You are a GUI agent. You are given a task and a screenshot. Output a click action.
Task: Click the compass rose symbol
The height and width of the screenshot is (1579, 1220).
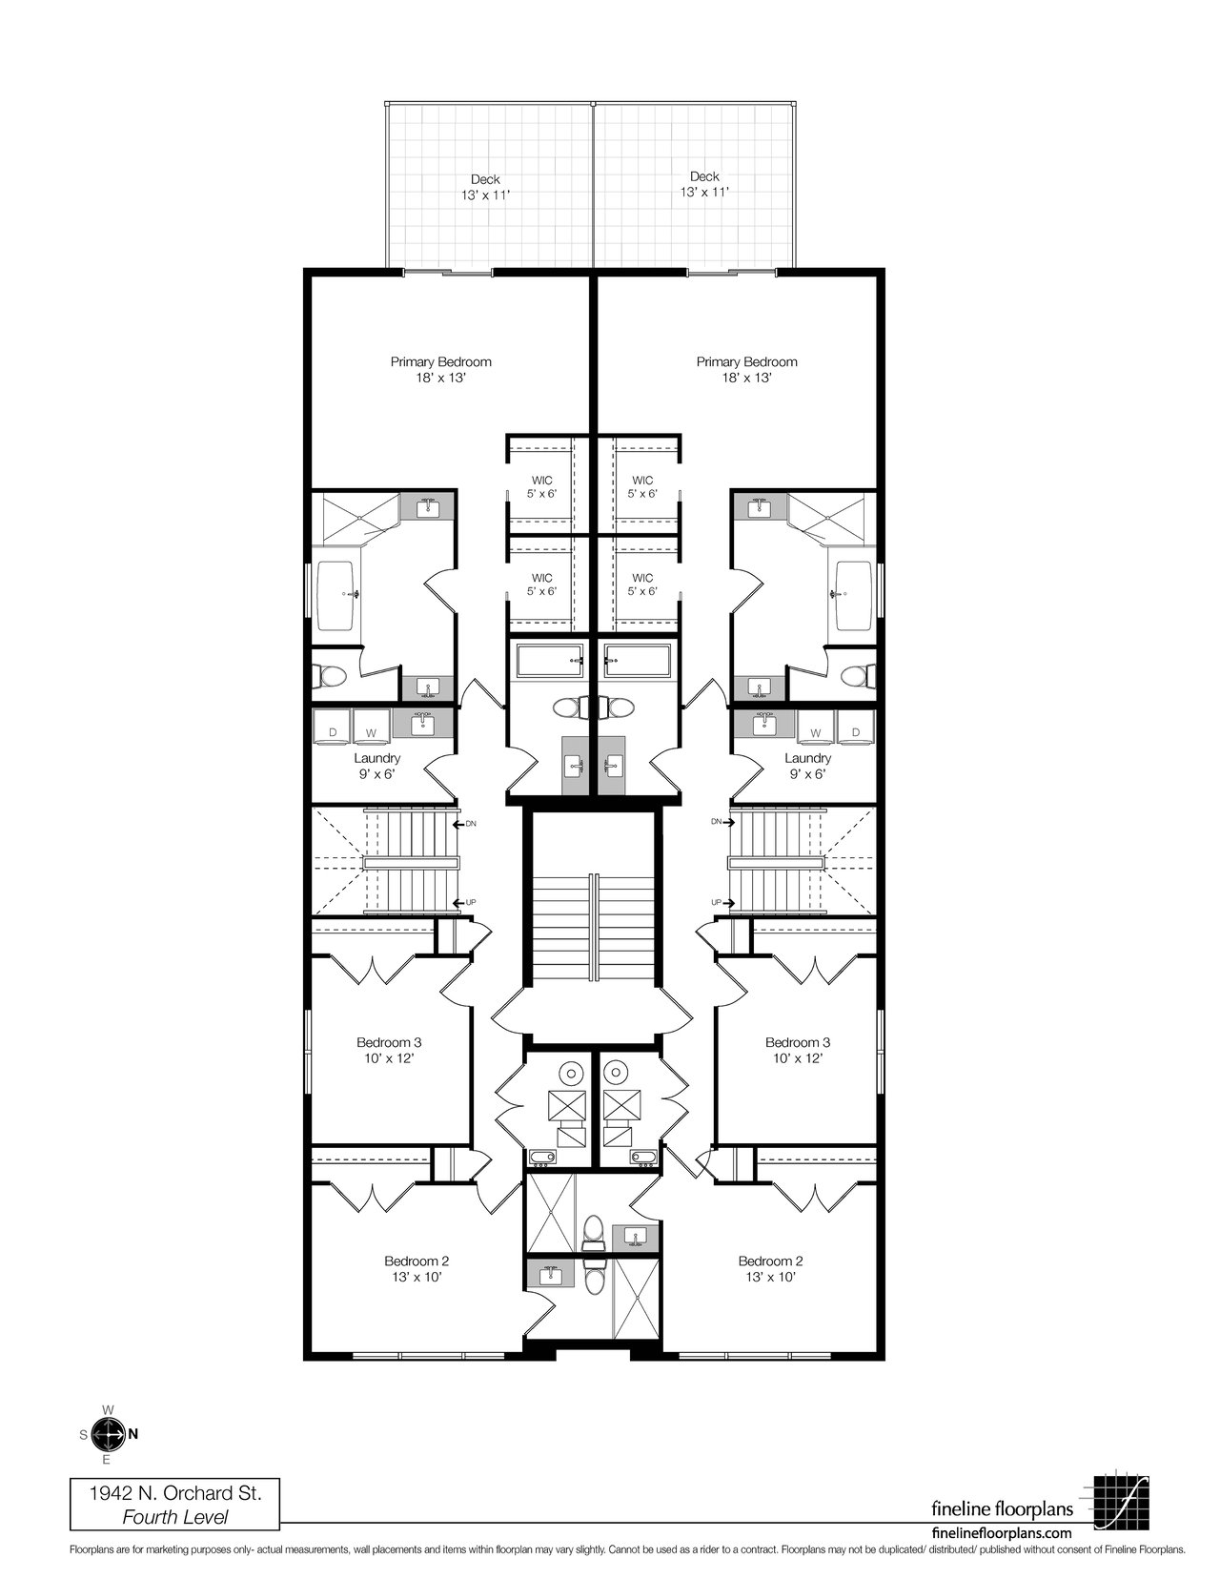click(x=109, y=1434)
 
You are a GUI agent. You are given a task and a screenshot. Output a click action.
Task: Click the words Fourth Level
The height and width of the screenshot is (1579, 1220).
click(x=175, y=1516)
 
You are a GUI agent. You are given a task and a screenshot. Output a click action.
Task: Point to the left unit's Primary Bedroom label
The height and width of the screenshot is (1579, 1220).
click(x=440, y=362)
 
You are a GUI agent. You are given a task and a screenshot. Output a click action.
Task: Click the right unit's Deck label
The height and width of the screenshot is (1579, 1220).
click(x=704, y=176)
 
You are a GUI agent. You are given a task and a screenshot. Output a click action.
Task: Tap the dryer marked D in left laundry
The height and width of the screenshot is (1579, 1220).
click(x=333, y=728)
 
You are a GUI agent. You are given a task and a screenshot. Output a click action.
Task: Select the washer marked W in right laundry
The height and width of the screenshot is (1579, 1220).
click(x=816, y=728)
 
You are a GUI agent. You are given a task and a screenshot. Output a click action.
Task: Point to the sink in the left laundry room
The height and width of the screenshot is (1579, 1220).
click(x=422, y=724)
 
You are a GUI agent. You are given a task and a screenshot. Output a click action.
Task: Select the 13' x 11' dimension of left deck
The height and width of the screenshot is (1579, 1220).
click(x=485, y=195)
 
